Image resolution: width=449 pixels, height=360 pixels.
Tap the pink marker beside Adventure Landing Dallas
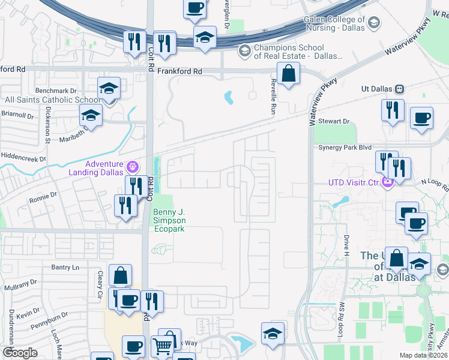point(133,166)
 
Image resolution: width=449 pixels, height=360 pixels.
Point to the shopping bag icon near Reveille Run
point(289,74)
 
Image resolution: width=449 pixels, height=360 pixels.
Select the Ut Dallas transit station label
point(377,88)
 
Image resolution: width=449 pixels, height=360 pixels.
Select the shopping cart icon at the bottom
point(162,347)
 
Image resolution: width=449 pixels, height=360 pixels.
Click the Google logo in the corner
point(20,353)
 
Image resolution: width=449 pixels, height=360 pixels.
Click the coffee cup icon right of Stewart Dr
point(421,118)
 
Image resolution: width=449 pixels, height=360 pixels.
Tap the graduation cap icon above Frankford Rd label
point(205,37)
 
